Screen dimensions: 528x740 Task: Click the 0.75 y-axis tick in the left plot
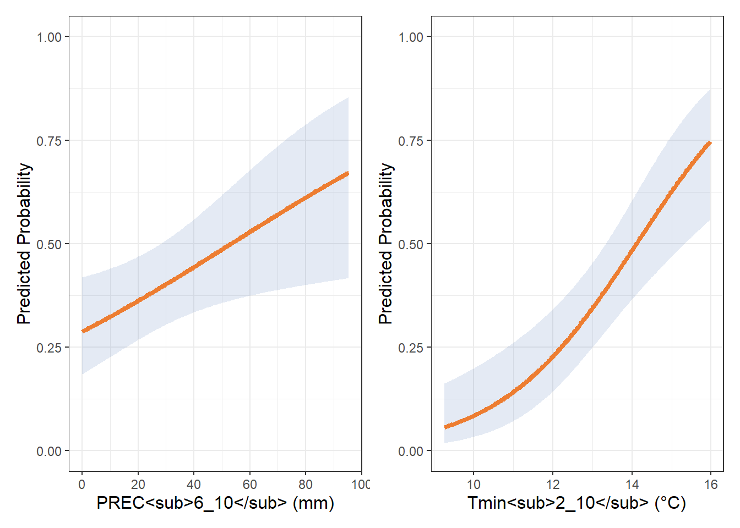point(49,141)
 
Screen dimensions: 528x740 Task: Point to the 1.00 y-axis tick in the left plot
point(49,37)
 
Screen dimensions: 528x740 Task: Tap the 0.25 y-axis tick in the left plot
point(49,348)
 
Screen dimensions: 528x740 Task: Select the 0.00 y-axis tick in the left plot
point(49,452)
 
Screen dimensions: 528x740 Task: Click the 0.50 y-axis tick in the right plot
point(411,244)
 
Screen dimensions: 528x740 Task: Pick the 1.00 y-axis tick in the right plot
point(411,37)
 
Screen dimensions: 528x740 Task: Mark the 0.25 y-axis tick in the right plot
point(411,348)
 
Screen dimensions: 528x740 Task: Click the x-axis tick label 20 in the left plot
point(138,485)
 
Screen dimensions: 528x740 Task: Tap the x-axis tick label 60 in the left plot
point(249,485)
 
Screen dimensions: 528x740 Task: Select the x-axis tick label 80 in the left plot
point(306,485)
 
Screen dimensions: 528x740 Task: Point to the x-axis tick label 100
point(360,485)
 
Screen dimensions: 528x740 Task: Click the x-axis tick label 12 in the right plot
point(553,485)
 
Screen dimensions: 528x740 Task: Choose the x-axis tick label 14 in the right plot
point(632,485)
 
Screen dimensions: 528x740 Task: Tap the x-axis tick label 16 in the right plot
point(711,485)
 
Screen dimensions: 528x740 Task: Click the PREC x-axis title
point(215,503)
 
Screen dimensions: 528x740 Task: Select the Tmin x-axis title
point(576,503)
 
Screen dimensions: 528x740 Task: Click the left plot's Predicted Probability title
point(24,244)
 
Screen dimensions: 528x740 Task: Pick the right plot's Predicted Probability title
point(386,244)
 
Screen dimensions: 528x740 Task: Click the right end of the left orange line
point(347,174)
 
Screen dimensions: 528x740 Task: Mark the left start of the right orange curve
point(445,426)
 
